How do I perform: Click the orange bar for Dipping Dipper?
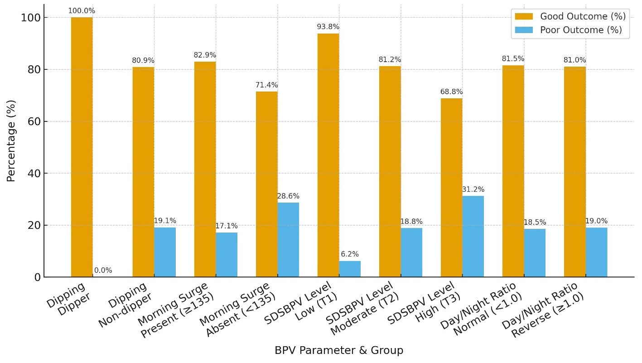tap(82, 147)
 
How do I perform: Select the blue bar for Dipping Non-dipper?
tap(165, 252)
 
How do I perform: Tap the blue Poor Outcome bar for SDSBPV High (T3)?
tap(473, 236)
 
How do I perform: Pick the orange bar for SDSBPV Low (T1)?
tap(328, 155)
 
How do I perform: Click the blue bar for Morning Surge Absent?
tap(288, 240)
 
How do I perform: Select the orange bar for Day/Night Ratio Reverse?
tap(574, 172)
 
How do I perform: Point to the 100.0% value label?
tap(82, 10)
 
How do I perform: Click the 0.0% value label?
tap(103, 271)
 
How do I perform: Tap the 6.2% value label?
tap(350, 254)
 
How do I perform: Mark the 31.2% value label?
tap(473, 189)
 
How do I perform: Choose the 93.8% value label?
tap(328, 27)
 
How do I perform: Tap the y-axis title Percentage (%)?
tap(11, 141)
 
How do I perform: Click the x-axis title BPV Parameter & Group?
tap(338, 350)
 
